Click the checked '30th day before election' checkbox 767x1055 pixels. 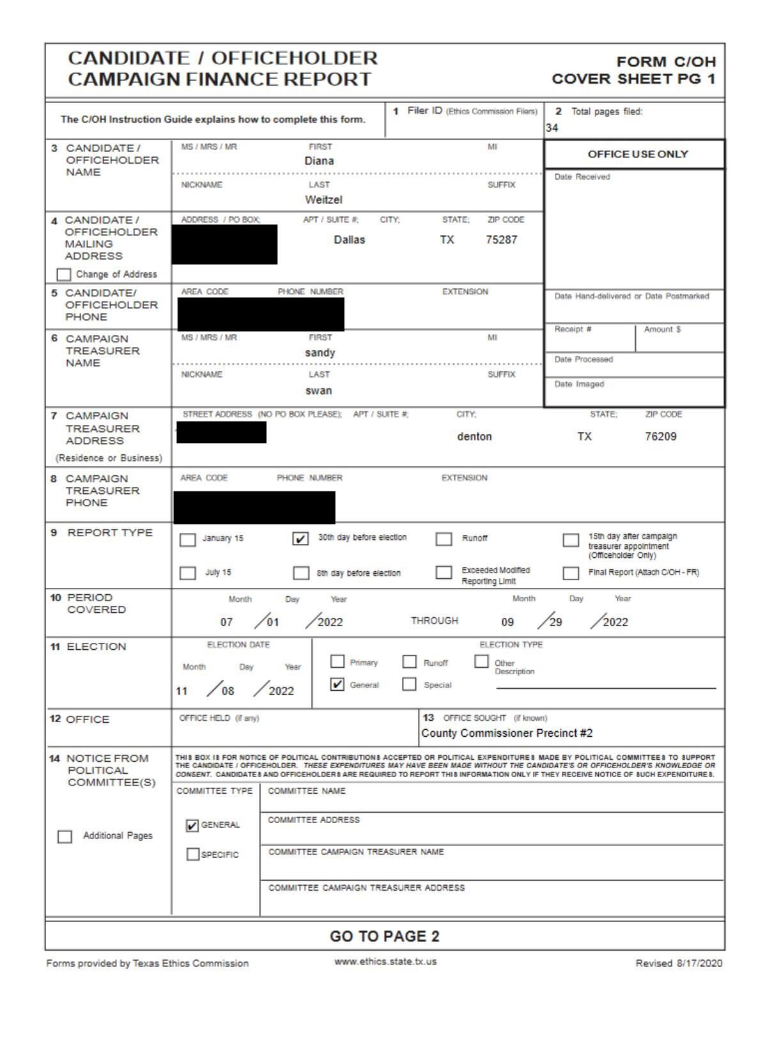click(x=300, y=539)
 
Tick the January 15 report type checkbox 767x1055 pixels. click(x=187, y=540)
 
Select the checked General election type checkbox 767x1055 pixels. click(x=337, y=684)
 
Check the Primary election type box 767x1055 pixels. click(x=337, y=661)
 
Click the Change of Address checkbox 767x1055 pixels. click(x=64, y=274)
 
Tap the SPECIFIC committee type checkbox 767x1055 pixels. click(x=192, y=854)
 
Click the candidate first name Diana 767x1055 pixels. click(x=319, y=161)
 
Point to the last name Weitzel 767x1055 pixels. click(x=323, y=200)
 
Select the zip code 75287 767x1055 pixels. click(x=501, y=240)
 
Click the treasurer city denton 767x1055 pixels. click(x=474, y=436)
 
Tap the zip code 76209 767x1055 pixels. click(x=660, y=436)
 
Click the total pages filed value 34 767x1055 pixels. click(x=552, y=128)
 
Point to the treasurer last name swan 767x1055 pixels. click(x=318, y=390)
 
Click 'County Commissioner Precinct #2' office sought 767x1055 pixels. click(x=507, y=733)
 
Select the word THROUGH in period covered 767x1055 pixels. click(x=434, y=620)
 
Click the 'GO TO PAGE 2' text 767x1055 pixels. click(x=384, y=936)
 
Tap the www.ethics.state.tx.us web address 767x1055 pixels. click(x=385, y=961)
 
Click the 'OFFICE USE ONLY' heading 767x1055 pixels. click(x=637, y=154)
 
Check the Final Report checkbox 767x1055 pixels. click(x=571, y=573)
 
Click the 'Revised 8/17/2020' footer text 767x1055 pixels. click(x=678, y=963)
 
